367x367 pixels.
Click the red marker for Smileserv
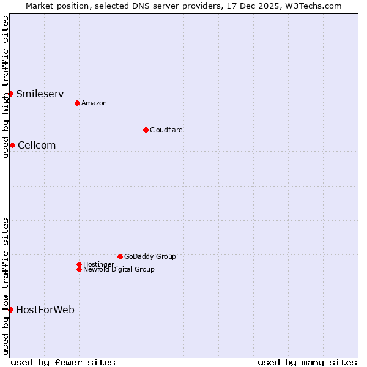click(10, 94)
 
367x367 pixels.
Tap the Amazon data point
click(77, 103)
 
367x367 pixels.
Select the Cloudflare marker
click(146, 130)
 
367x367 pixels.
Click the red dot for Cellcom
click(12, 145)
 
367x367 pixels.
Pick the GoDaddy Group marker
click(120, 256)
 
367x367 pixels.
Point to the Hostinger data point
click(79, 264)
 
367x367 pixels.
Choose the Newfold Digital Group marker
click(79, 269)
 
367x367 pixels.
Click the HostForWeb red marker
click(10, 310)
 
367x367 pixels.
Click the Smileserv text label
click(40, 94)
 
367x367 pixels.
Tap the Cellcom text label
click(37, 145)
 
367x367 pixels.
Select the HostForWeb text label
click(45, 310)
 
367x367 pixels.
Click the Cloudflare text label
click(166, 130)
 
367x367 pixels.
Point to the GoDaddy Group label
click(150, 256)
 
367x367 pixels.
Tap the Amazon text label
click(94, 103)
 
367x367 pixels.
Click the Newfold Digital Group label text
click(119, 269)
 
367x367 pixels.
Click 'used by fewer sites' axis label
click(63, 362)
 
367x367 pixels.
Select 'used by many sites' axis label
click(307, 362)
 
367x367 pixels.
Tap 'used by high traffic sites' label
click(6, 87)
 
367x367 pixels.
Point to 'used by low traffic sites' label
click(6, 286)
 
